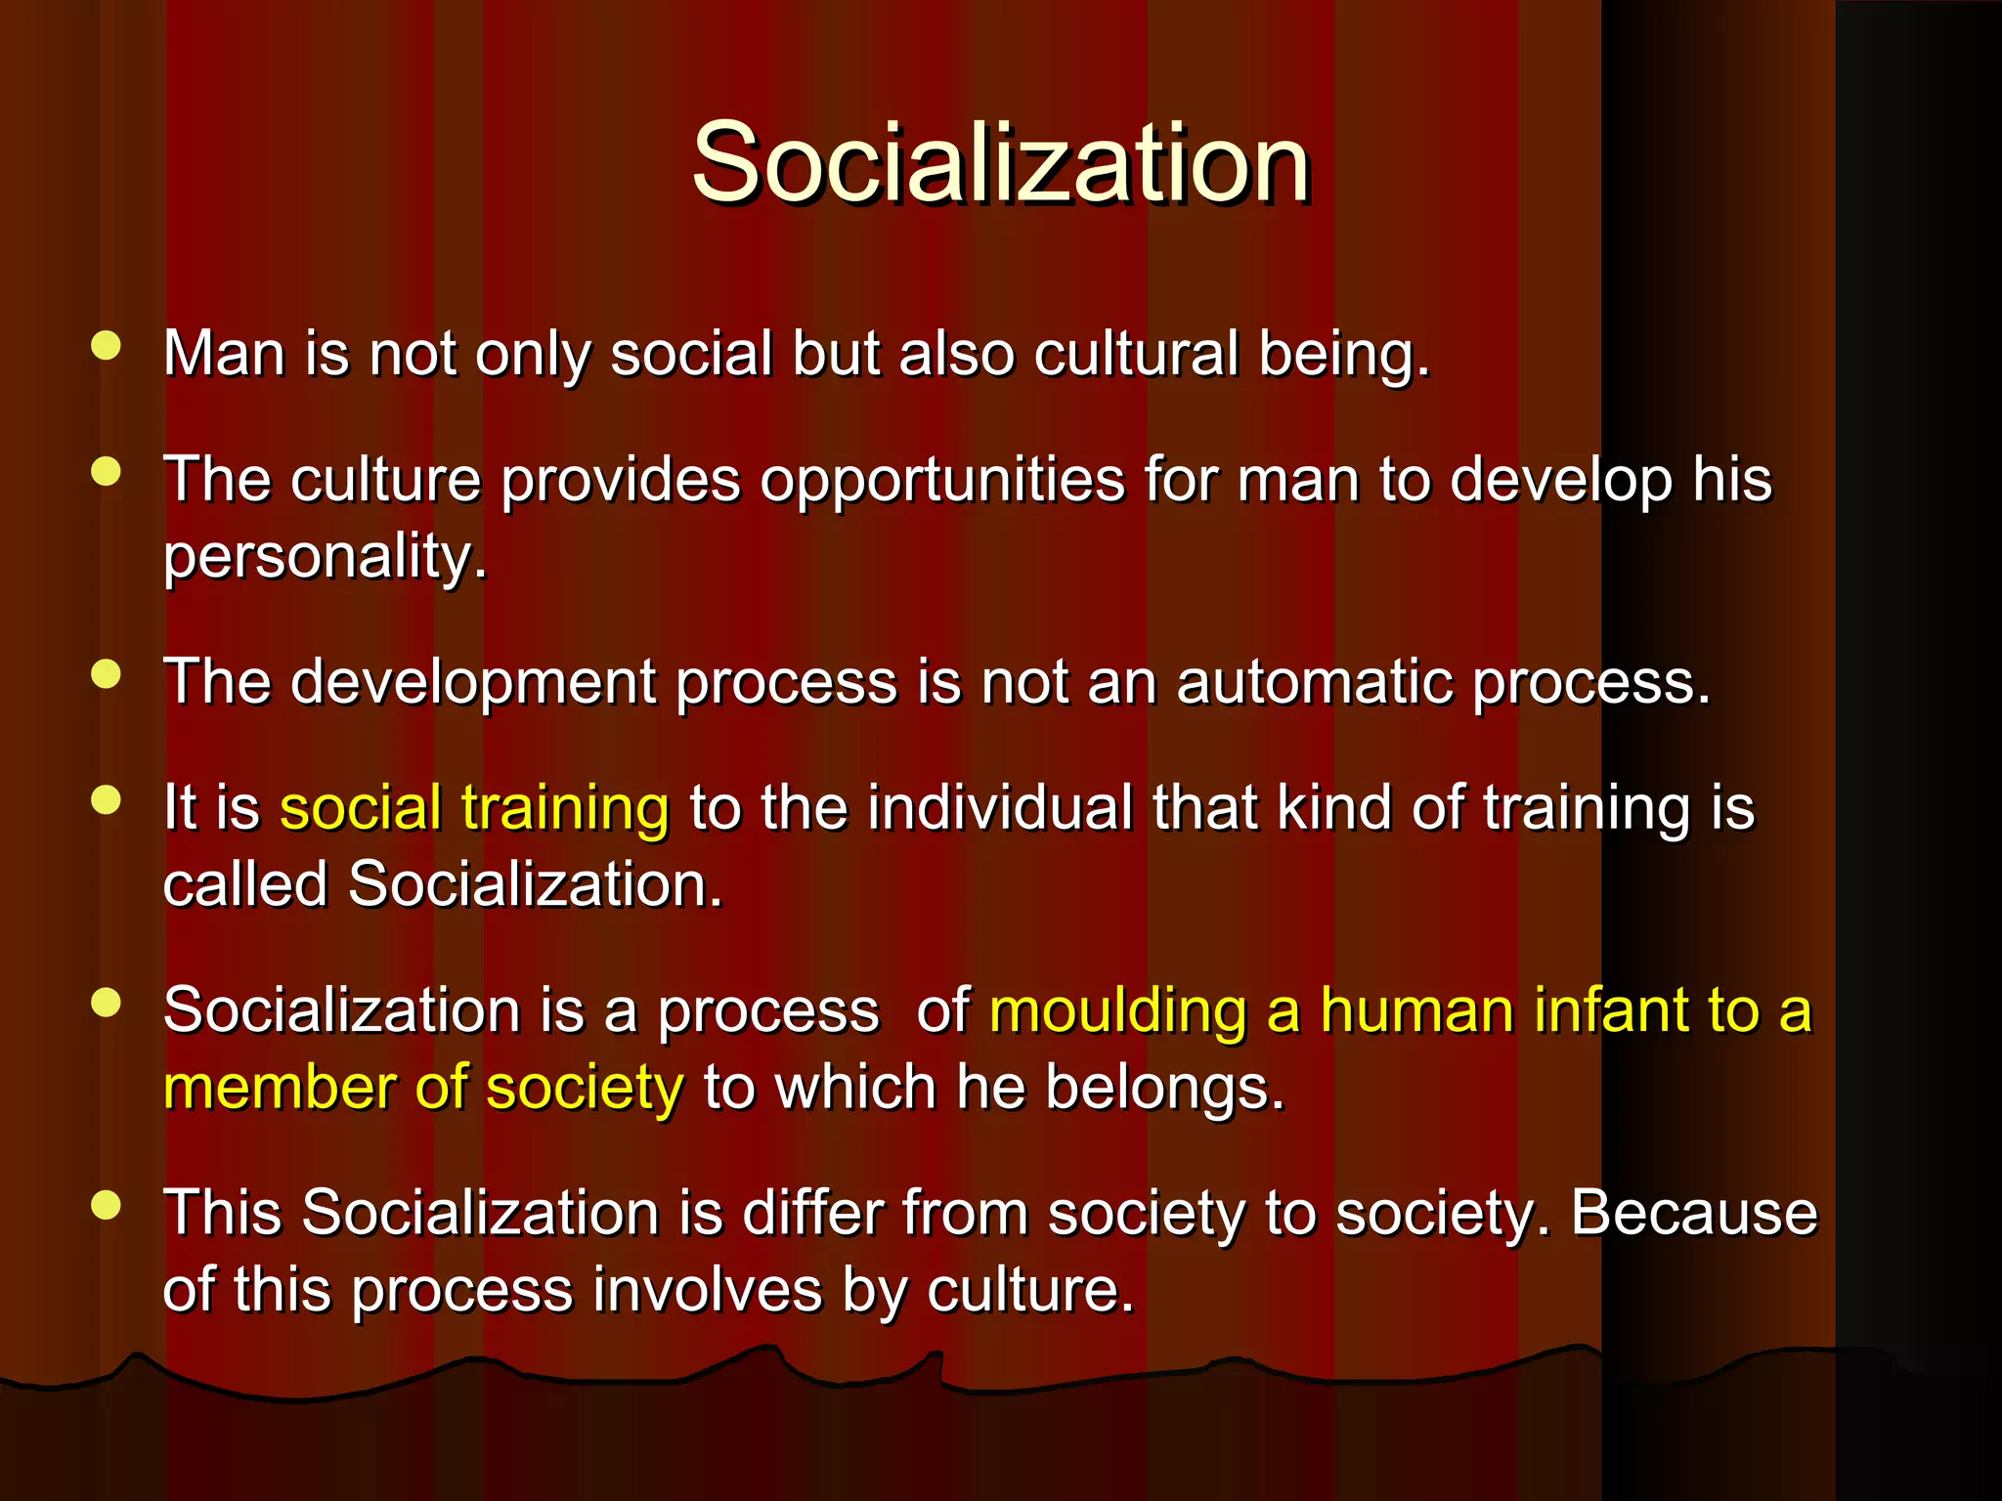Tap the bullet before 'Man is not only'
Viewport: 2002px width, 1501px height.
(x=106, y=346)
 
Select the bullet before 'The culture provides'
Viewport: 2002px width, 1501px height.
(x=106, y=472)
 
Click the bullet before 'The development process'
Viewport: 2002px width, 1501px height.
(x=106, y=674)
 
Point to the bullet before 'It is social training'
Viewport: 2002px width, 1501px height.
(x=106, y=800)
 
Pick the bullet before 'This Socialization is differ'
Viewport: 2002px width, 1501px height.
(x=106, y=1205)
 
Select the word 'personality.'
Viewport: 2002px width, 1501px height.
(x=325, y=557)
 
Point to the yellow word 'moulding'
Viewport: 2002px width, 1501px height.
(x=1118, y=1010)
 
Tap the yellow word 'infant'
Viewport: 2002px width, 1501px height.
(x=1601, y=1010)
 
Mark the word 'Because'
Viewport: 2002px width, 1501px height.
(x=1694, y=1213)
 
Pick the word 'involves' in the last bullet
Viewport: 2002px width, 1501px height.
(x=708, y=1290)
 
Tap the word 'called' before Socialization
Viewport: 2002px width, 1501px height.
(x=244, y=884)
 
